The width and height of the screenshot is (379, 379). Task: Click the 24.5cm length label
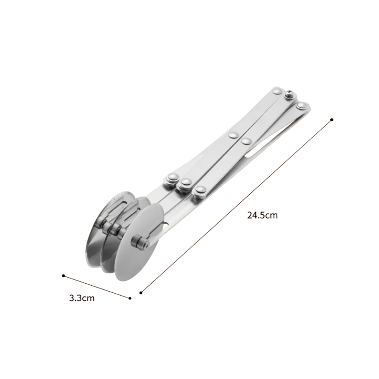click(x=262, y=215)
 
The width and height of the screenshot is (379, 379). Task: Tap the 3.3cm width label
click(x=81, y=298)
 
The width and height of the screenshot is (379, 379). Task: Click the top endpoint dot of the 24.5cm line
click(x=332, y=120)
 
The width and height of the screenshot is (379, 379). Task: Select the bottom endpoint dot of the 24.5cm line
click(x=141, y=293)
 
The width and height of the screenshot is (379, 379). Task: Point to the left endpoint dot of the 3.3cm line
click(x=63, y=276)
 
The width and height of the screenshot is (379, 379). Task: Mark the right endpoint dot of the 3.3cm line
click(x=130, y=298)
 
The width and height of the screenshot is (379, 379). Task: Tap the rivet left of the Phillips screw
click(x=277, y=91)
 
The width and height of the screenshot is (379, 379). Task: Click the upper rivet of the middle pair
click(x=234, y=135)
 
